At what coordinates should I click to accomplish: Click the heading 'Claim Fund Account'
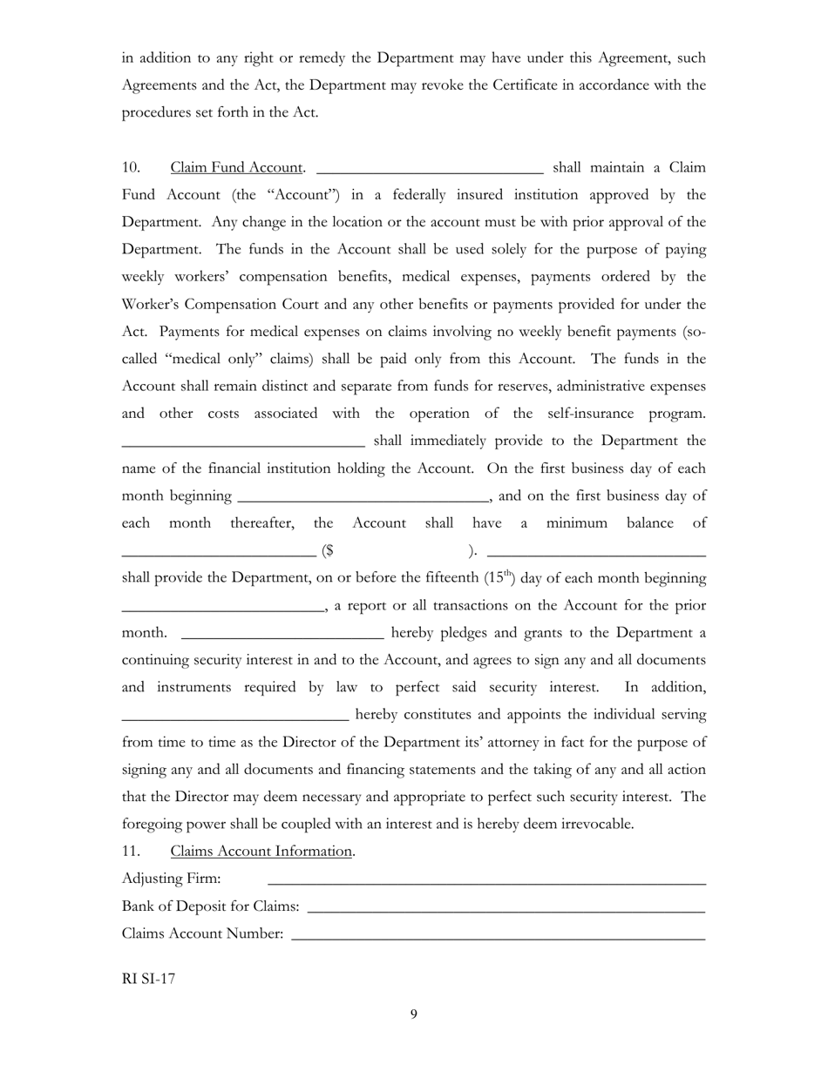(236, 167)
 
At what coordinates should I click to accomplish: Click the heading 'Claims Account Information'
(261, 851)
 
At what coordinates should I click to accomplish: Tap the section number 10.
(131, 167)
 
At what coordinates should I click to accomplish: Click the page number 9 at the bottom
(414, 1014)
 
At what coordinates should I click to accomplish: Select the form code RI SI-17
(148, 978)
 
